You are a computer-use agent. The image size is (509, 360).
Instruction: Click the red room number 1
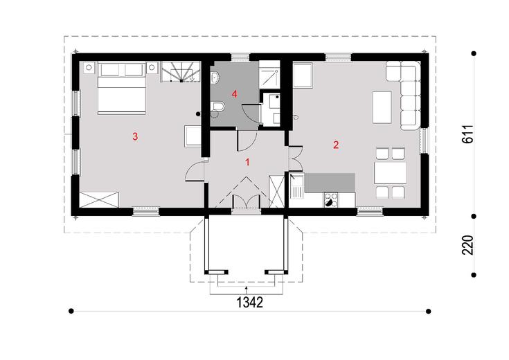(247, 162)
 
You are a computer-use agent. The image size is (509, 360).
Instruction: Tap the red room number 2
(336, 145)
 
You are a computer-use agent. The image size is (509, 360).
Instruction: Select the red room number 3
(135, 136)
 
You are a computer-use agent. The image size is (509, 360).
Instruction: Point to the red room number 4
(234, 94)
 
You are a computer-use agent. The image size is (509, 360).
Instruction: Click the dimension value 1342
(249, 303)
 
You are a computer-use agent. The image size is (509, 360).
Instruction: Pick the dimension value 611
(467, 134)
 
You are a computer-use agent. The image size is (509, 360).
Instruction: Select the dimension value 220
(467, 245)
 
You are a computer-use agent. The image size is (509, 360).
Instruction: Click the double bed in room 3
(121, 89)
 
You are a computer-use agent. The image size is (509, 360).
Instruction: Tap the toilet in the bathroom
(217, 107)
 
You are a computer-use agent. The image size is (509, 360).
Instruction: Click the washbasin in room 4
(215, 78)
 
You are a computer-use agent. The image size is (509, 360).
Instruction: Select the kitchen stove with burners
(331, 199)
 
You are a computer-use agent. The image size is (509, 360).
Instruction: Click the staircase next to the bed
(181, 72)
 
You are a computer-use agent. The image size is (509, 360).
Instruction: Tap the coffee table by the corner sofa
(382, 107)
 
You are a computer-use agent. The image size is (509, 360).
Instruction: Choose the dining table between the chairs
(390, 173)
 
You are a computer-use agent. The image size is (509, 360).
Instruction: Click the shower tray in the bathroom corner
(269, 75)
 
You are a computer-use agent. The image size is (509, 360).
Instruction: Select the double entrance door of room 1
(247, 202)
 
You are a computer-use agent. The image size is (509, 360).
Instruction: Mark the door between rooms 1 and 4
(247, 141)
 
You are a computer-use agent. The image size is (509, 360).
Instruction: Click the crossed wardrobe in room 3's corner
(99, 199)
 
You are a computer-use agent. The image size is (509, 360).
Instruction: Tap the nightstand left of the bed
(89, 68)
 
